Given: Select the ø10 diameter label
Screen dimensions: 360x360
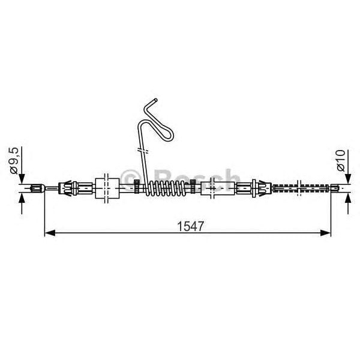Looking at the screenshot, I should [x=340, y=160].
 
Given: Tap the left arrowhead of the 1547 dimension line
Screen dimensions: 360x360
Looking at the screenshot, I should [x=49, y=231].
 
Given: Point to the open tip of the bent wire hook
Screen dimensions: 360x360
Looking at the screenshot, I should [x=155, y=99].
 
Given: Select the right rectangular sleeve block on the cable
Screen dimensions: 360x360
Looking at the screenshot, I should [x=214, y=188].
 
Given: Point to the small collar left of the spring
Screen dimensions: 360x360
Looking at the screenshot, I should [x=137, y=187].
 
